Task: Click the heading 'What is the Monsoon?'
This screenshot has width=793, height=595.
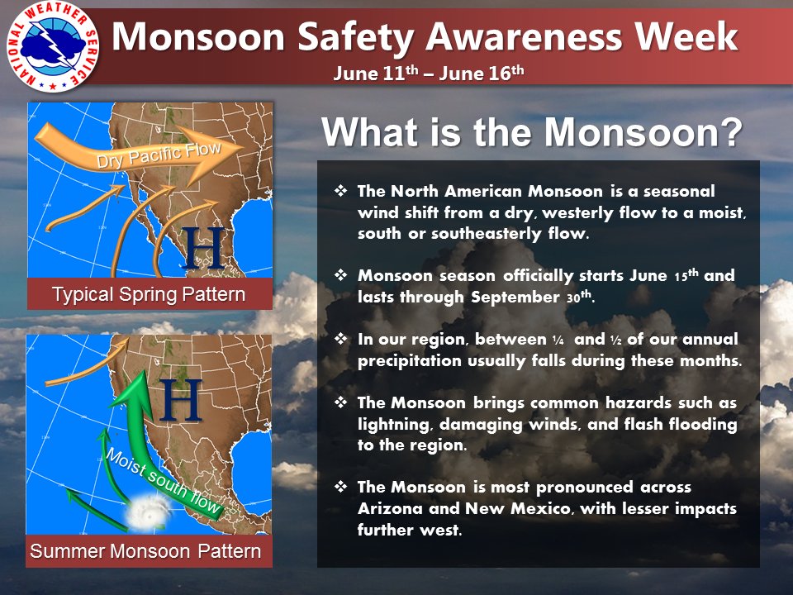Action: coord(531,133)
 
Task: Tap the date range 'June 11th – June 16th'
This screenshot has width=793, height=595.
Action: coord(429,73)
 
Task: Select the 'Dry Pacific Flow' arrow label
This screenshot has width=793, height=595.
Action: coord(159,155)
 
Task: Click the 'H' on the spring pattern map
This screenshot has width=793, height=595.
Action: coord(202,248)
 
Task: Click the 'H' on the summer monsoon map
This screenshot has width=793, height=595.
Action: coord(182,400)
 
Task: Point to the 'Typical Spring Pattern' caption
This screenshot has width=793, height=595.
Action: coord(149,294)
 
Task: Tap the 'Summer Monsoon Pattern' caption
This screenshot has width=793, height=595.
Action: coord(145,551)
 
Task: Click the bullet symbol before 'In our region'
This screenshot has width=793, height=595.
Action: coord(340,339)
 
